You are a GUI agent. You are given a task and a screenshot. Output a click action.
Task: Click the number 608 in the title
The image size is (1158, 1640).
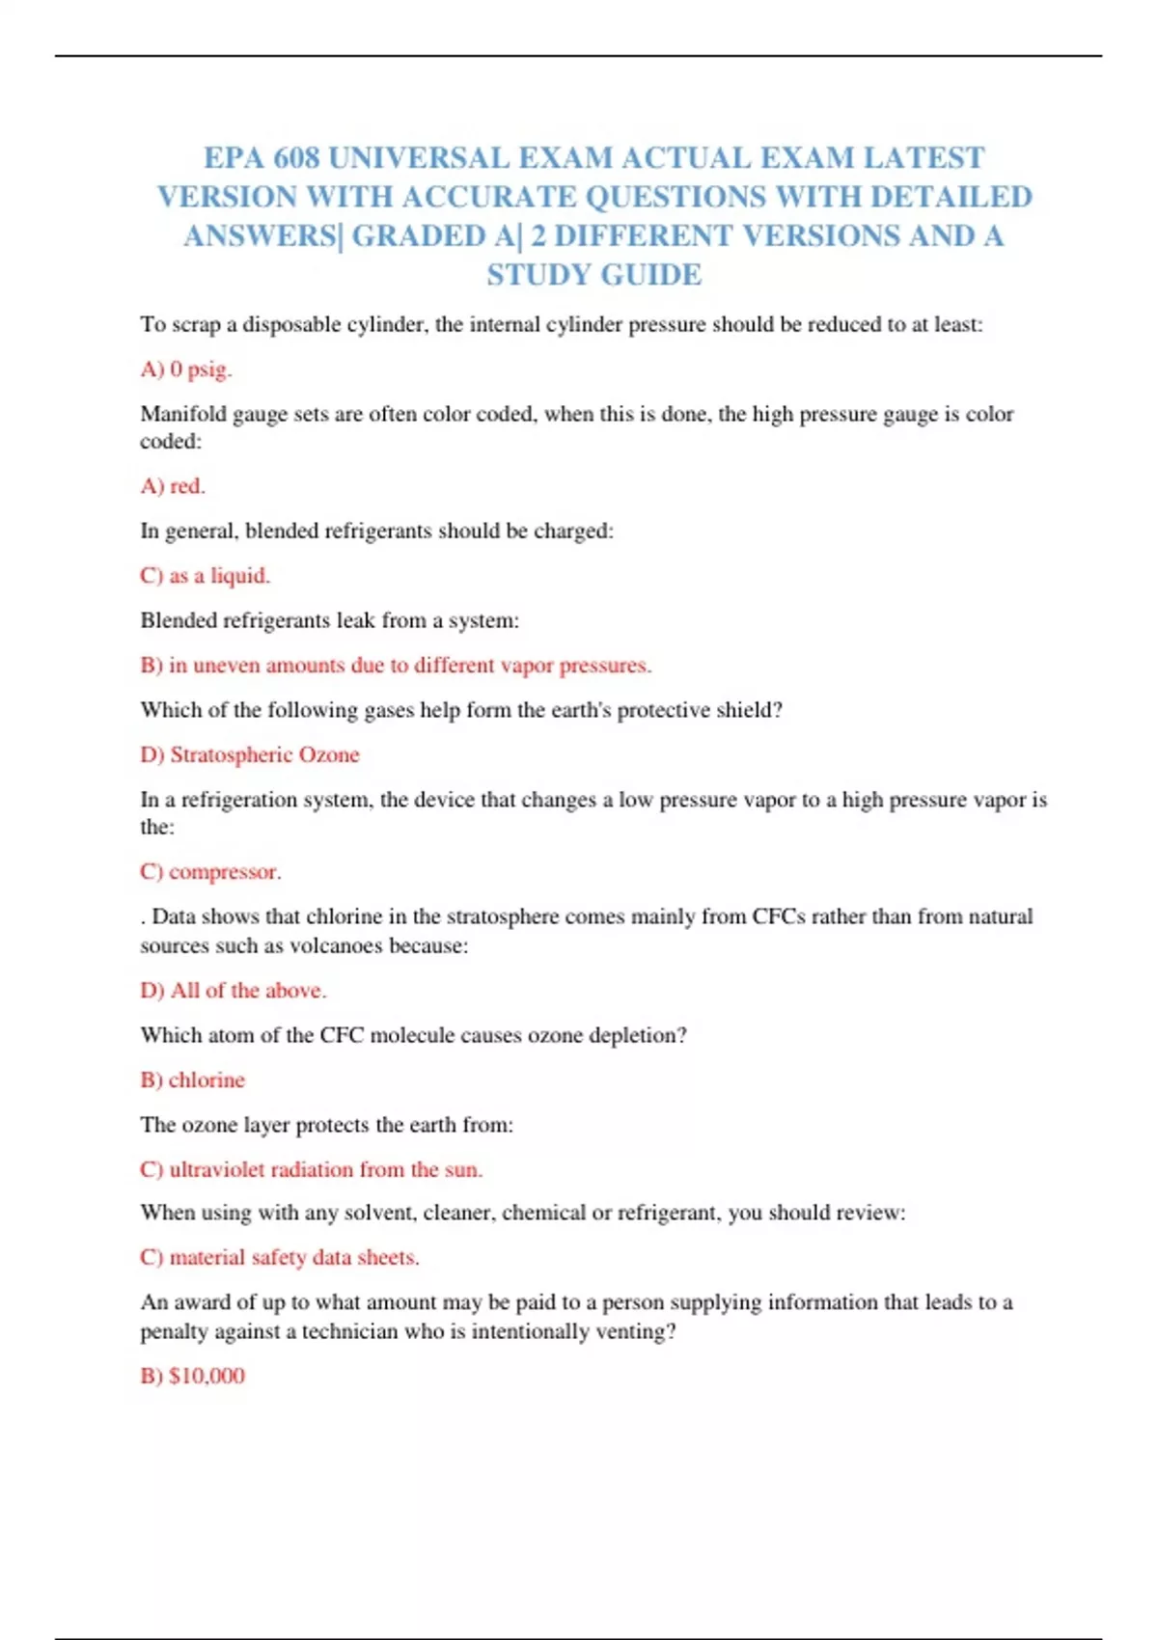[296, 157]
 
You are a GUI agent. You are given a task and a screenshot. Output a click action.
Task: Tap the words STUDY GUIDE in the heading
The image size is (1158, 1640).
[594, 275]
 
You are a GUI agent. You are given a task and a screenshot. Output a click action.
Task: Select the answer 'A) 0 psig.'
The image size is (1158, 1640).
[186, 369]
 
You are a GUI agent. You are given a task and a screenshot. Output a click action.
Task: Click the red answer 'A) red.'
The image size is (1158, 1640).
[173, 486]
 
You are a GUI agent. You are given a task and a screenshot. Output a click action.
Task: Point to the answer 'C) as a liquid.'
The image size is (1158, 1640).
[205, 576]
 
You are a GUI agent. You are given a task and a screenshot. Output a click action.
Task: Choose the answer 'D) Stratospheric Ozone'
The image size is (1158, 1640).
[250, 755]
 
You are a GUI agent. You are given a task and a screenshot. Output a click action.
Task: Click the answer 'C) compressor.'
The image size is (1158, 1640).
[210, 872]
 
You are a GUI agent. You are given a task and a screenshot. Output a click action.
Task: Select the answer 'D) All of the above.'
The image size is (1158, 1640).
[234, 991]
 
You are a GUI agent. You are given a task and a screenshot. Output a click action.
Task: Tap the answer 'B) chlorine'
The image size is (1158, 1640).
[193, 1080]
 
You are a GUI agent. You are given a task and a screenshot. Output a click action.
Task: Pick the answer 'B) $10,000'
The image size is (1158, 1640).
[193, 1376]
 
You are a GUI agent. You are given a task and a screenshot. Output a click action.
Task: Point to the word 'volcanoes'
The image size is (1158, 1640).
[337, 945]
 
